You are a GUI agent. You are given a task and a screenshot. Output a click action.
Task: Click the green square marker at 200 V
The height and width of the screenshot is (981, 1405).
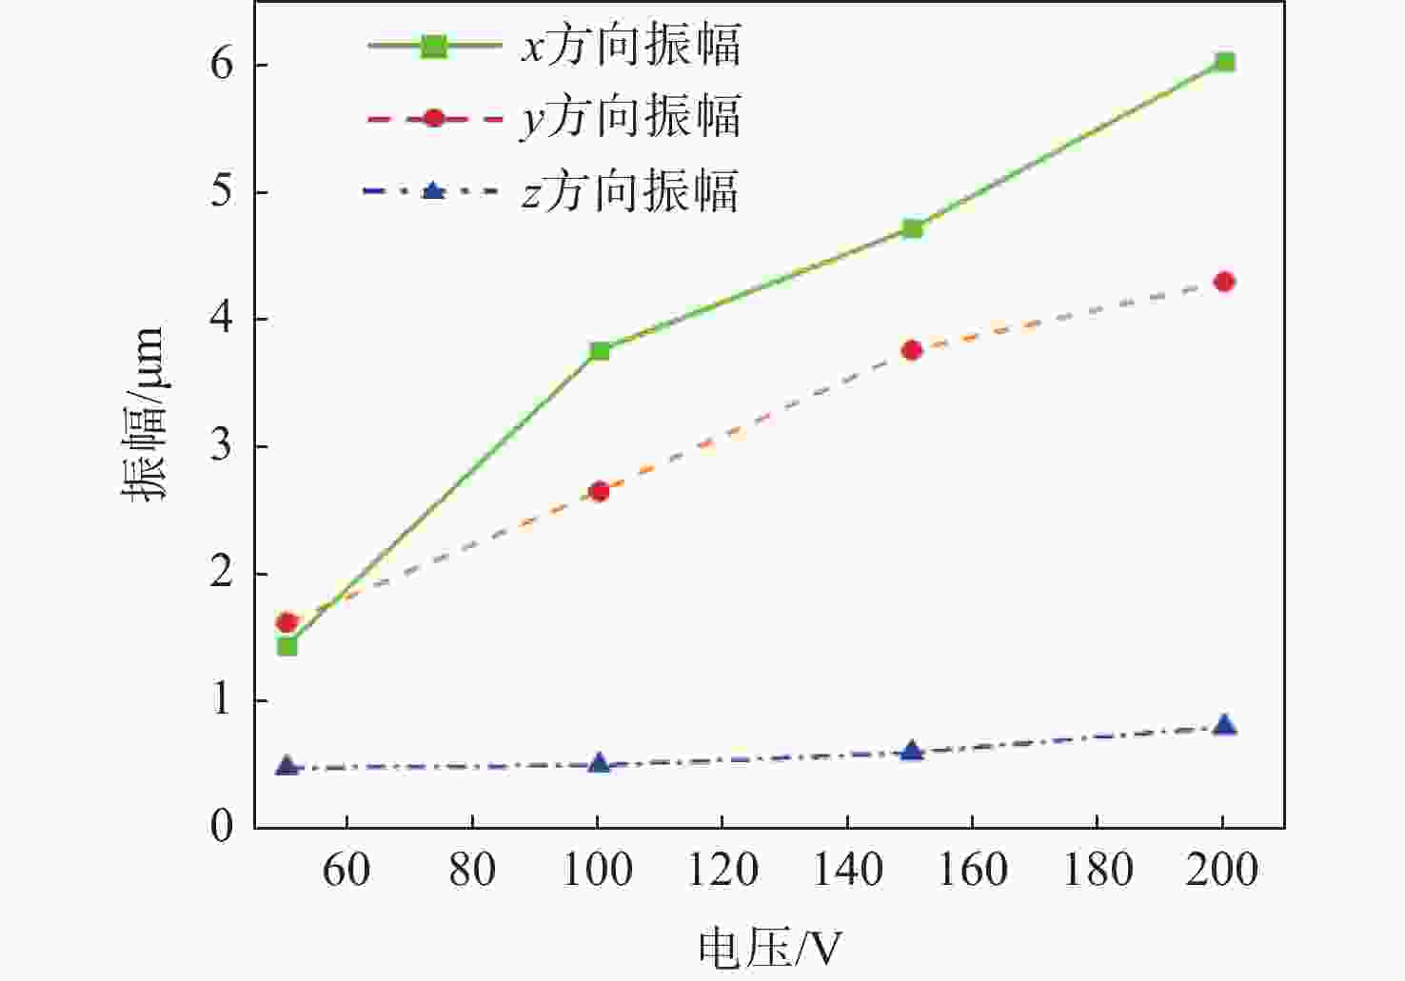coord(1224,63)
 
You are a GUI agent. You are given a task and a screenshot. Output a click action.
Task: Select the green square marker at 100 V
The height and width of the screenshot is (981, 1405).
coord(599,351)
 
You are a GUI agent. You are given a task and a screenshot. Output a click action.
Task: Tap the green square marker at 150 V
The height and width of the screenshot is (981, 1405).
coord(912,228)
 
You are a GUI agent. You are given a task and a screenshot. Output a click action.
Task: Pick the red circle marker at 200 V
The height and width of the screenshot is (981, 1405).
coord(1224,282)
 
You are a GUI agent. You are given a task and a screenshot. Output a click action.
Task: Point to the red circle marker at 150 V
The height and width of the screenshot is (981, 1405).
coord(912,350)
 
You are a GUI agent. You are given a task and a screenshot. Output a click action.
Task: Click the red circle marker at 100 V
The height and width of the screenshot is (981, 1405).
coord(599,491)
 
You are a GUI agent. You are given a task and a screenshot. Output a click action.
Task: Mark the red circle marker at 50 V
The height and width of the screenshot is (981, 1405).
coord(287,622)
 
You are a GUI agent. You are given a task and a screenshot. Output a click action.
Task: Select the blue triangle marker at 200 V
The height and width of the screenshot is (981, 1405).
coord(1224,726)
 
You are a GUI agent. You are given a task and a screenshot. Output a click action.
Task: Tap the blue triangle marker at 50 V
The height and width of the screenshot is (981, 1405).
coord(287,766)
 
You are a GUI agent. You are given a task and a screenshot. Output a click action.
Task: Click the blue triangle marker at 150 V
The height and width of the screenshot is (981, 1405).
coord(912,752)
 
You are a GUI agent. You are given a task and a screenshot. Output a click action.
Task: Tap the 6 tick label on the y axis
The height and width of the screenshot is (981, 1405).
coord(222,65)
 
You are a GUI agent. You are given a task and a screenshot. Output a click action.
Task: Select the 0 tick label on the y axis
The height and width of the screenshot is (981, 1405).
coord(222,827)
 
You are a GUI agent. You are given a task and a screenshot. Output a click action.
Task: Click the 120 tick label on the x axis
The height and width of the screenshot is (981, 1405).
coord(722,870)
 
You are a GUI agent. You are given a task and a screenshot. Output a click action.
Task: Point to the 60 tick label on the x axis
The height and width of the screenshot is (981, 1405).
coord(346,870)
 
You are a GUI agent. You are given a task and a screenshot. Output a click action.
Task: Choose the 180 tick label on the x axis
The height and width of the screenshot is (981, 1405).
coord(1098,870)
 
